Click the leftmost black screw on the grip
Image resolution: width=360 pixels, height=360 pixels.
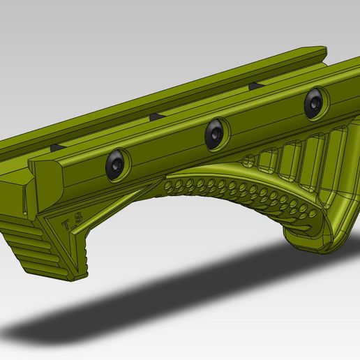pyautogui.click(x=117, y=164)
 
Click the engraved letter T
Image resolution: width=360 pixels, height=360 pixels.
pyautogui.click(x=67, y=225)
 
